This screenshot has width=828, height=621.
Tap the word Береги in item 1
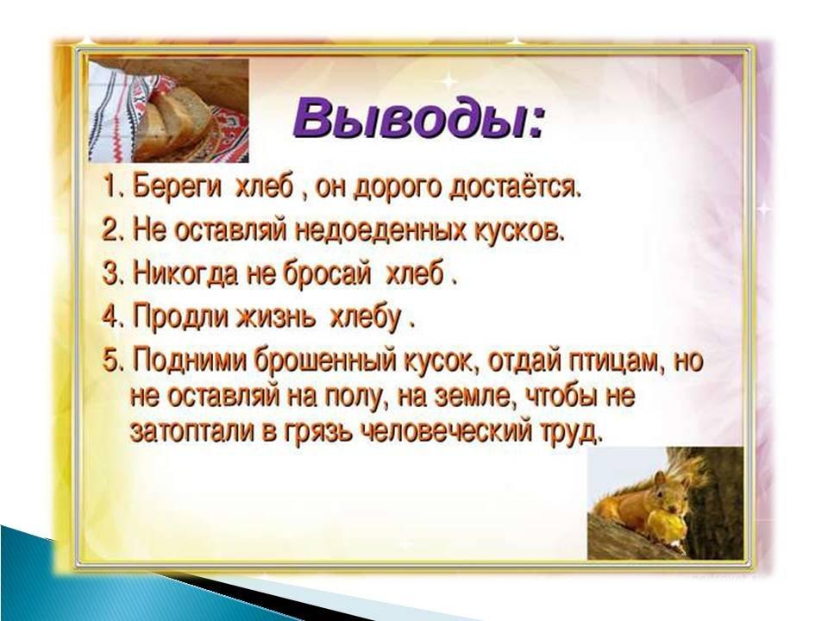[176, 189]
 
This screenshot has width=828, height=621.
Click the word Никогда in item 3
[185, 276]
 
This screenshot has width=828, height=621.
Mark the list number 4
[109, 318]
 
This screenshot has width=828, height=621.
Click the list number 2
[109, 231]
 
